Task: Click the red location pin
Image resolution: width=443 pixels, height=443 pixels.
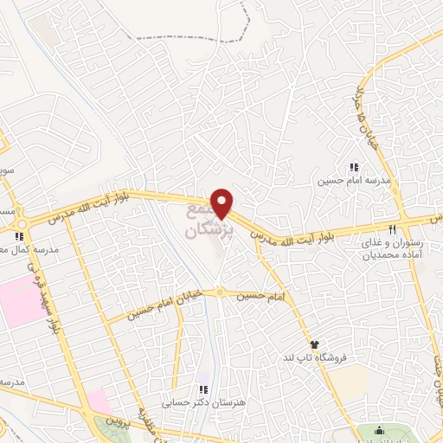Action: click(x=222, y=202)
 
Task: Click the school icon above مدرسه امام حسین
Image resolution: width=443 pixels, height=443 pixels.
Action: click(x=353, y=167)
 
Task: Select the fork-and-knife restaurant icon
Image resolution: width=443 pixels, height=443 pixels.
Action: click(x=392, y=229)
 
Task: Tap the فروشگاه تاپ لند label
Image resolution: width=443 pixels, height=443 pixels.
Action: click(x=311, y=358)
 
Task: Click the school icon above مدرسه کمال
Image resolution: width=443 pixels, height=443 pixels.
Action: click(x=18, y=234)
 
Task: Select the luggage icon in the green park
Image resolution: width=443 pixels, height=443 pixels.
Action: click(x=378, y=431)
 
